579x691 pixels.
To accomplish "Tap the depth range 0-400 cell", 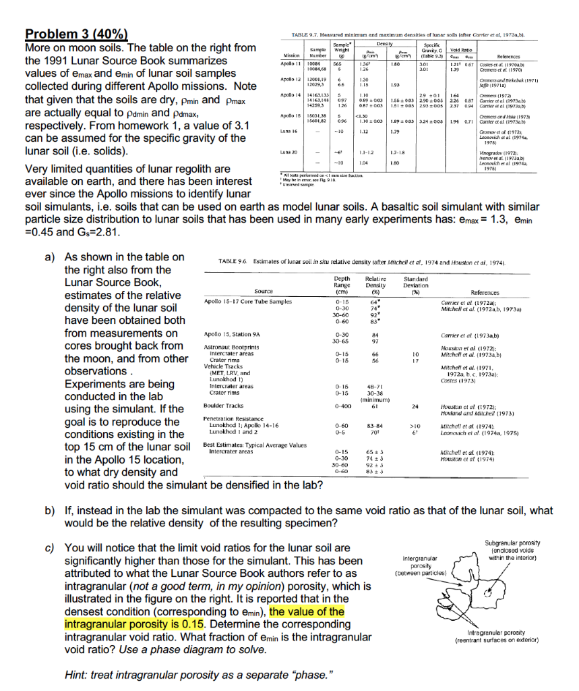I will (x=342, y=406).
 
